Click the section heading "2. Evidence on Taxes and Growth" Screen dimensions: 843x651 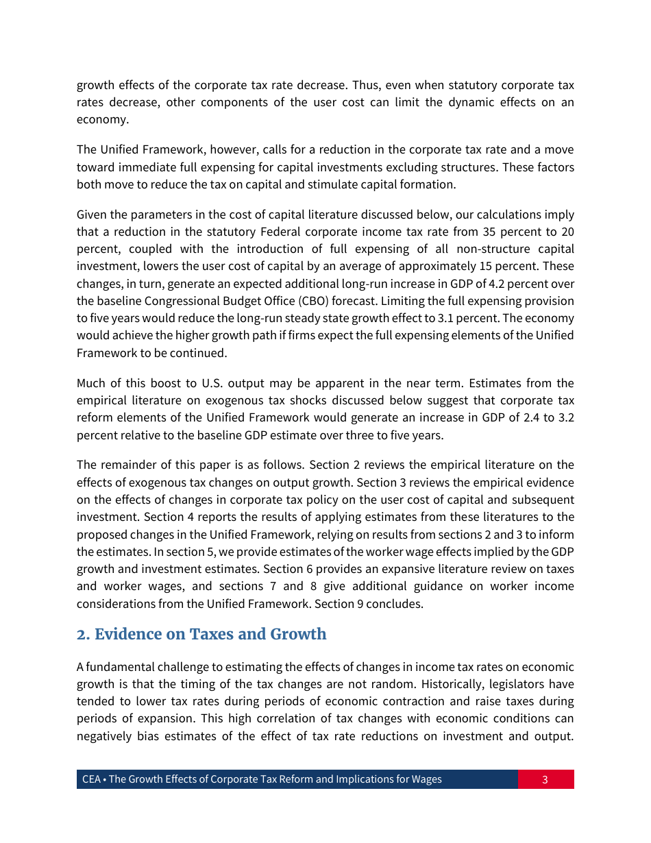pos(201,635)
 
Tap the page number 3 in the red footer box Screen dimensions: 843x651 pos(545,779)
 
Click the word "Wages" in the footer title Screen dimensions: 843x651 pos(426,779)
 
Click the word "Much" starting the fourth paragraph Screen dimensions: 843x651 pos(90,383)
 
